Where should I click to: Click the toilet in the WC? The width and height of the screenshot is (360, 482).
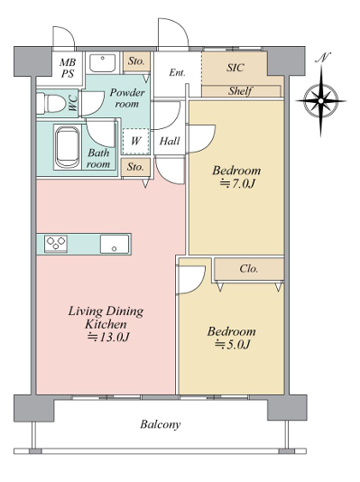coord(49,103)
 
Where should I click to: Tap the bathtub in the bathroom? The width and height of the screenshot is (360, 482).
coord(67,147)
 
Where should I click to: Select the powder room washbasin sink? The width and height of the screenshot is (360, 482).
coord(103,62)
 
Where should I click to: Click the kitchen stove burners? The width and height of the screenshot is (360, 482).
coord(56,244)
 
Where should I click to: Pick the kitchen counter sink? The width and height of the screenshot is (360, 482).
coord(115,244)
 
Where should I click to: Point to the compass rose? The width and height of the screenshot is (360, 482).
coord(321,100)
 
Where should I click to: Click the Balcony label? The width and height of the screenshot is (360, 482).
coord(161,424)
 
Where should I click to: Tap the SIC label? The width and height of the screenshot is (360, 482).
coord(235,68)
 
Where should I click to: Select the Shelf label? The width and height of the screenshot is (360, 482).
coord(240,90)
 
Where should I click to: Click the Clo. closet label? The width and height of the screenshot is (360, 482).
coord(248,269)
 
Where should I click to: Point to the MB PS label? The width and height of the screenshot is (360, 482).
coord(68,68)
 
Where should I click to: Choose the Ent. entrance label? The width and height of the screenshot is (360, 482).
coord(177,72)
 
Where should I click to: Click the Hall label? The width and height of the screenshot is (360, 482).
coord(170,141)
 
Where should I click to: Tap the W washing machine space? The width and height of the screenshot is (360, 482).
coord(135,141)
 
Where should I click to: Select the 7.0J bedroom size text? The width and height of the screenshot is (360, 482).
coord(237,183)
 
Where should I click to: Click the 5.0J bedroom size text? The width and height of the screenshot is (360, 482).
coord(232,344)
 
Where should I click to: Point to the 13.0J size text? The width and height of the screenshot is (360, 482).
coord(108,338)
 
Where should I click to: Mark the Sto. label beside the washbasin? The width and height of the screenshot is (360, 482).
coord(136,61)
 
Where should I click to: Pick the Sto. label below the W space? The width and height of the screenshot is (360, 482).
coord(135,167)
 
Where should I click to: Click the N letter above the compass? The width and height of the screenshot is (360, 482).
coord(324,58)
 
